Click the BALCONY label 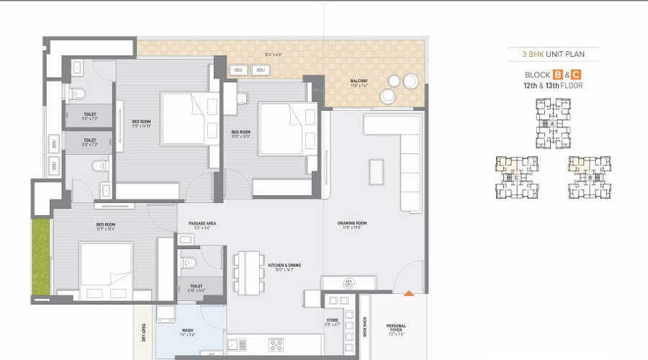coord(359,82)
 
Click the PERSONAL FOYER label coord(396,328)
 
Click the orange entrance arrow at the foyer coord(409,293)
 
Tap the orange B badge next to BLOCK coord(558,75)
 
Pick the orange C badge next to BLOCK coord(576,75)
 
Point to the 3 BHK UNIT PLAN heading coord(553,54)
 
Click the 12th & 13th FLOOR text coord(553,86)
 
